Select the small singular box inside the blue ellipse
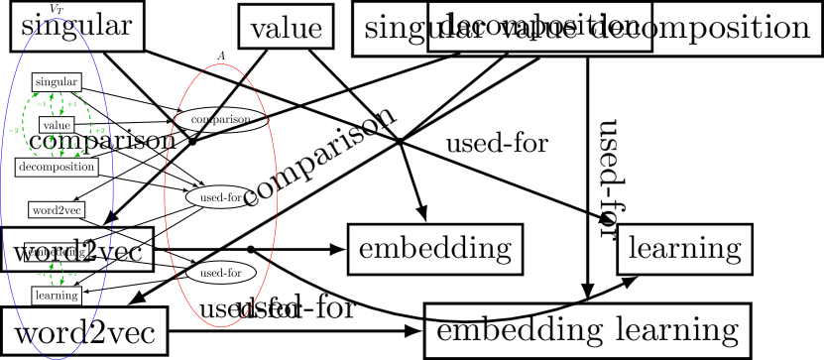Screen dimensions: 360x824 coord(57,79)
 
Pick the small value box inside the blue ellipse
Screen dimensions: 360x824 coord(57,125)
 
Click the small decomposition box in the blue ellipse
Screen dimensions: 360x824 coord(57,168)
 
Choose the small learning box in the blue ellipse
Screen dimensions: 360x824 coord(56,295)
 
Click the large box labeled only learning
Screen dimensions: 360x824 coord(679,247)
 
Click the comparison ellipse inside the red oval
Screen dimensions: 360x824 coord(221,119)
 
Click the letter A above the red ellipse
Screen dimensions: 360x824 coord(221,56)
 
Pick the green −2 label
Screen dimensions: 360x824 coord(14,130)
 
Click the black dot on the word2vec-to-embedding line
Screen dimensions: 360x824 coord(252,249)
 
